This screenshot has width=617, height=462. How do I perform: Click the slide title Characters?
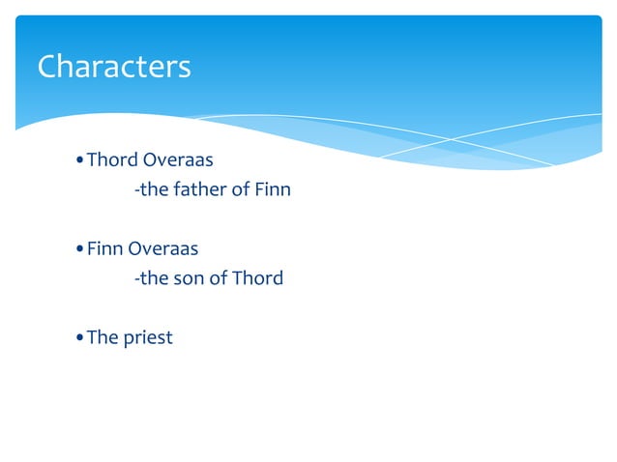pos(114,67)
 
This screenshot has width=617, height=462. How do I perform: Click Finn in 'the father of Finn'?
pos(272,189)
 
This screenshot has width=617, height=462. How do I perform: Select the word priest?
pos(148,339)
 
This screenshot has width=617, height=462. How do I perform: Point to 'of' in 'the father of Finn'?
pos(240,189)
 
